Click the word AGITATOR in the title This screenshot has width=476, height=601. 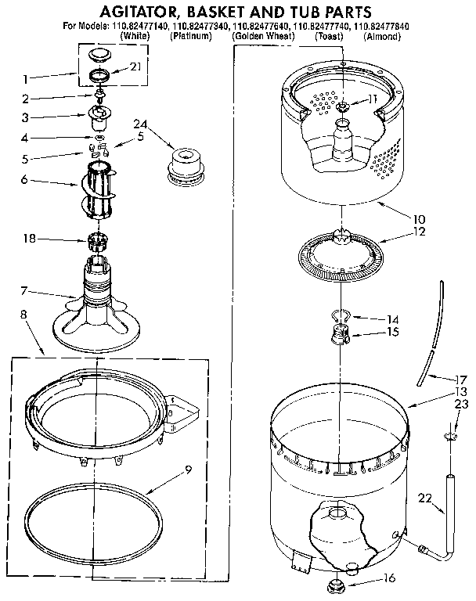[137, 11]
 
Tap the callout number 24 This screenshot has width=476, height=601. [140, 124]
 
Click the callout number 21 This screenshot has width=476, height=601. [135, 66]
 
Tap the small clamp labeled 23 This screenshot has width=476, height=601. [451, 435]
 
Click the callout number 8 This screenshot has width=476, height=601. [22, 315]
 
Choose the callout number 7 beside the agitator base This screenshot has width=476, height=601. [24, 292]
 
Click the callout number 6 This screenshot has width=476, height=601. [25, 179]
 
